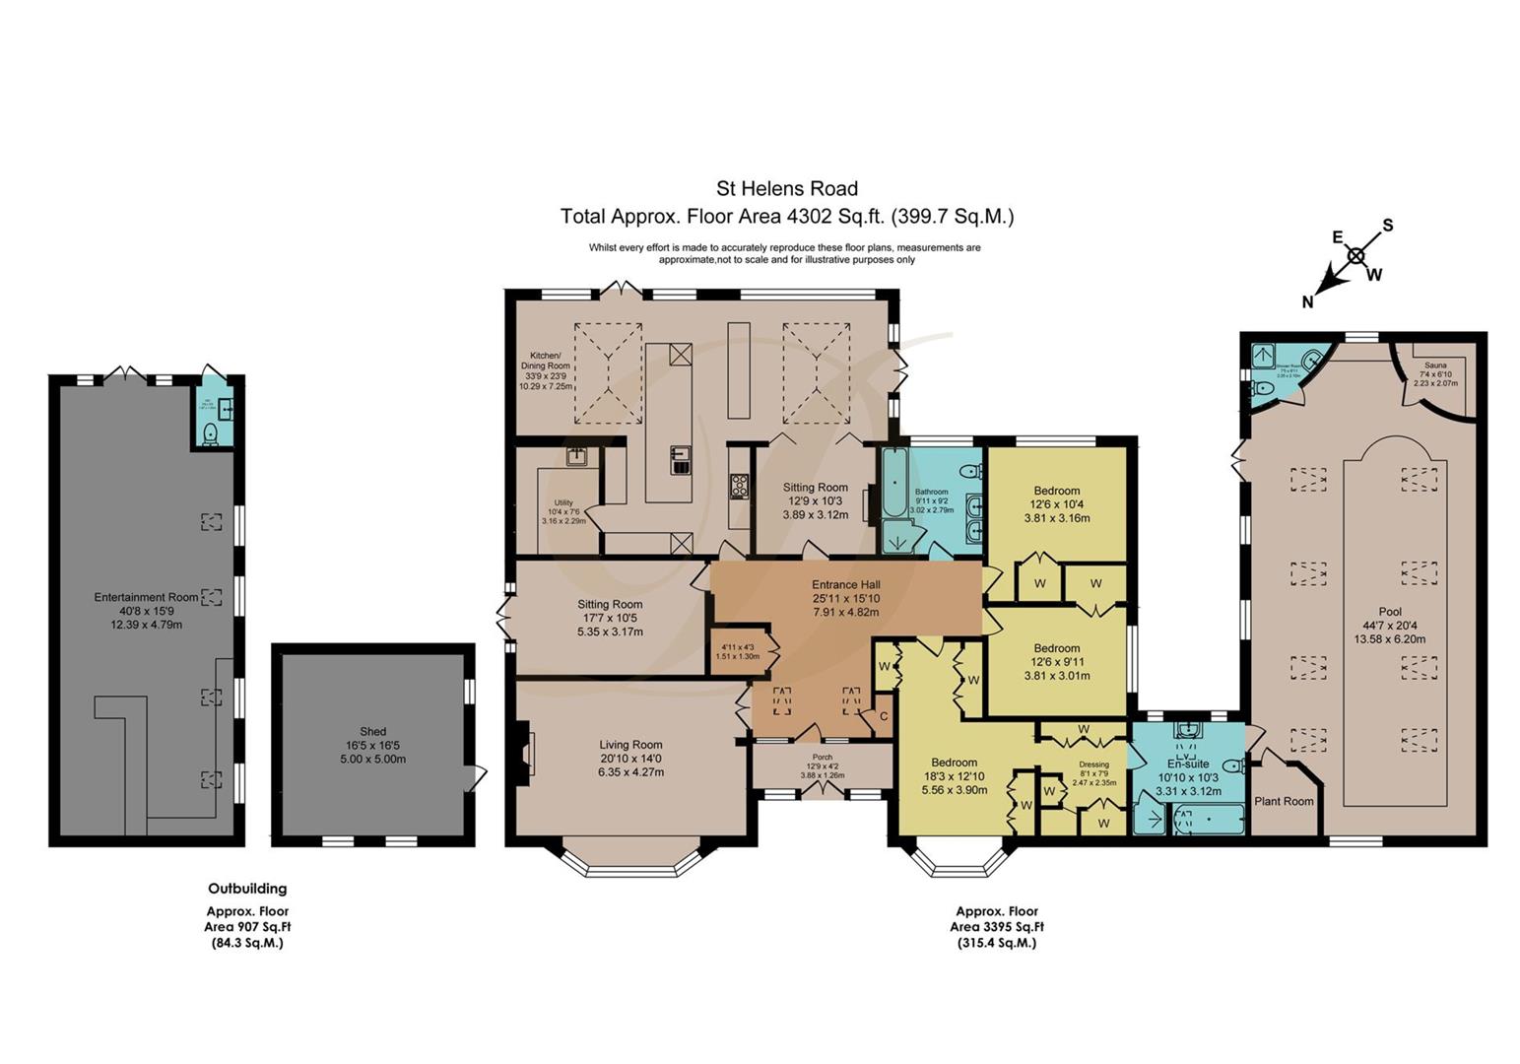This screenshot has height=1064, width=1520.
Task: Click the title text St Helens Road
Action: pyautogui.click(x=786, y=188)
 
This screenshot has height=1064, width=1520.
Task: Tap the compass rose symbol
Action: pyautogui.click(x=1355, y=257)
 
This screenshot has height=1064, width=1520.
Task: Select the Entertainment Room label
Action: pyautogui.click(x=146, y=597)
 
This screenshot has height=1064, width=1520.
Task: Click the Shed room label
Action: pyautogui.click(x=372, y=731)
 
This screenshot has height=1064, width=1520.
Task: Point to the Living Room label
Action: pyautogui.click(x=630, y=745)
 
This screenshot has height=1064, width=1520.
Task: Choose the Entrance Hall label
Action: pyautogui.click(x=845, y=584)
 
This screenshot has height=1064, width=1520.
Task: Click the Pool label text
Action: pyautogui.click(x=1390, y=612)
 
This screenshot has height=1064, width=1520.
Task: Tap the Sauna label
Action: pyautogui.click(x=1435, y=366)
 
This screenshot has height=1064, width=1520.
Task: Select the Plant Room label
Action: pyautogui.click(x=1284, y=801)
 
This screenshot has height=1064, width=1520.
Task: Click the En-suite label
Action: pyautogui.click(x=1188, y=764)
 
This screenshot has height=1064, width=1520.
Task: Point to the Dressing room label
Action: pyautogui.click(x=1093, y=765)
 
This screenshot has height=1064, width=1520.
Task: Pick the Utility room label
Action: pyautogui.click(x=563, y=501)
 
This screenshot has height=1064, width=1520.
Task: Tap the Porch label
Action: pyautogui.click(x=822, y=757)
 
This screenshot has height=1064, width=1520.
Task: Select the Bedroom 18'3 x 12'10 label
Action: pyautogui.click(x=954, y=763)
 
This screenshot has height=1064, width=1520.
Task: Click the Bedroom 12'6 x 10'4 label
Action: pyautogui.click(x=1057, y=491)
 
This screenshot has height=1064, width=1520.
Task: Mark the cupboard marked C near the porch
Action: pyautogui.click(x=884, y=716)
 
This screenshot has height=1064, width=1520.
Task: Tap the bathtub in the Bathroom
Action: pyautogui.click(x=893, y=484)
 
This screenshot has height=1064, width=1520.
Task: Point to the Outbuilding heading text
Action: pyautogui.click(x=247, y=889)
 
